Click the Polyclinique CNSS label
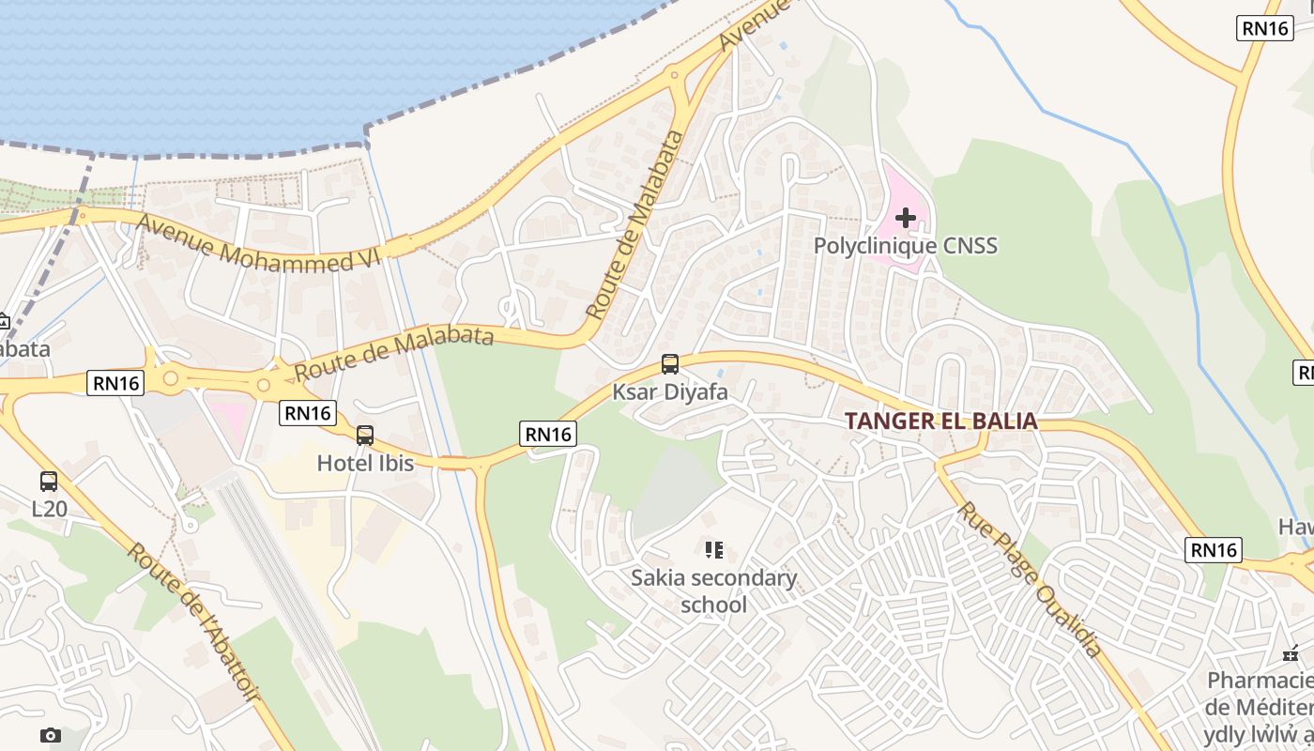905,246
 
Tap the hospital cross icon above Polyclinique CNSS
905,218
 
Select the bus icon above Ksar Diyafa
669,364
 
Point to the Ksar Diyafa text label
669,391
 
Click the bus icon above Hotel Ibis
365,435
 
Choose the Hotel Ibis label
365,463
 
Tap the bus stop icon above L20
49,482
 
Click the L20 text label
49,509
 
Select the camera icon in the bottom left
51,735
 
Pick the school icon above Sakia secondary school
713,549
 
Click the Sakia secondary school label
713,590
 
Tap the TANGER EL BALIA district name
940,421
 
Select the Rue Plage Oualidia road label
1029,578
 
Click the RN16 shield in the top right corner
1265,28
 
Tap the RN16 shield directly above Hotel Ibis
308,412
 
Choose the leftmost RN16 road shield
115,382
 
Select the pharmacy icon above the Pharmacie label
1291,652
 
